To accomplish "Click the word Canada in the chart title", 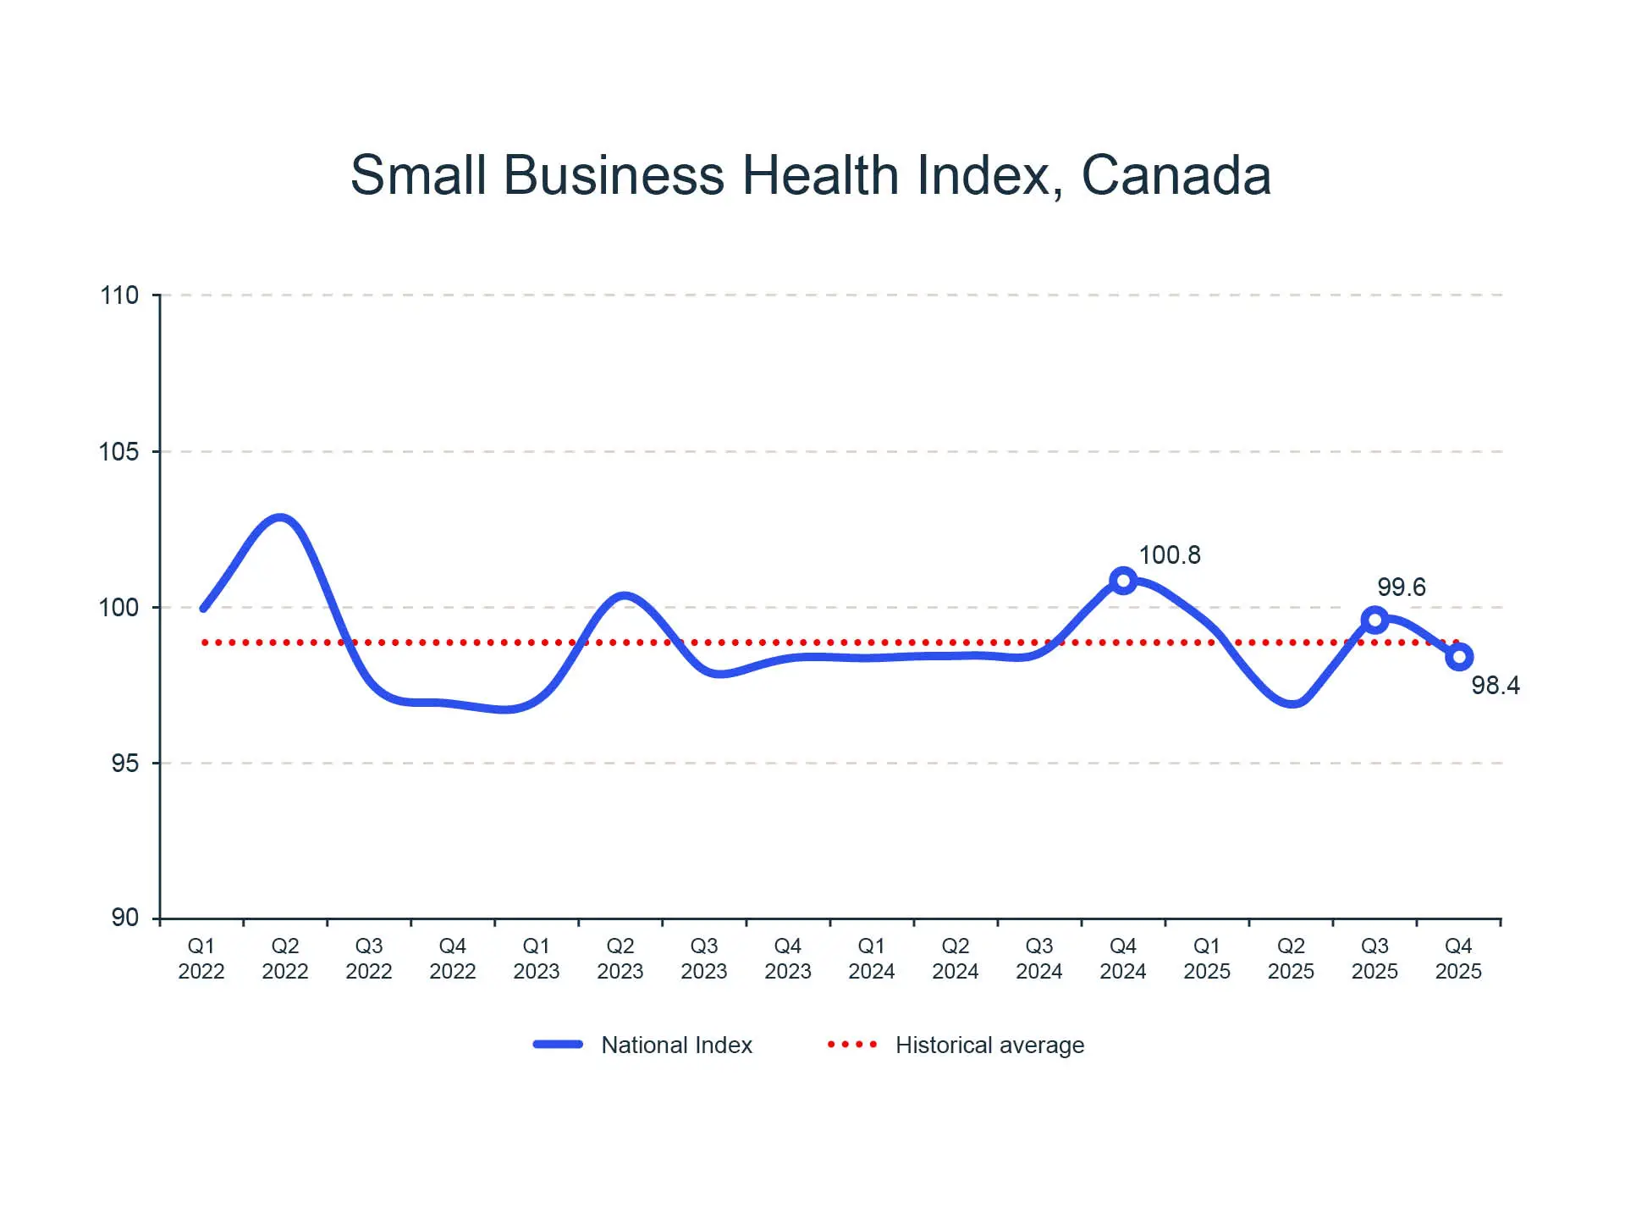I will tap(1176, 176).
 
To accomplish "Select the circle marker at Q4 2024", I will tap(1122, 581).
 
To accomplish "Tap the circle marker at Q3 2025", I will tap(1374, 621).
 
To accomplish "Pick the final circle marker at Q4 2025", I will tap(1459, 657).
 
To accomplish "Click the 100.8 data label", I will tap(1170, 555).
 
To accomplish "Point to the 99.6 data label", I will tap(1401, 587).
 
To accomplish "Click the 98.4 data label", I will tap(1495, 685).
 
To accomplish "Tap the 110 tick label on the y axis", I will tap(119, 295).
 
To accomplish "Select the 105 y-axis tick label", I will tap(119, 452).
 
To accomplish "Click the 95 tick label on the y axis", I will tap(125, 764).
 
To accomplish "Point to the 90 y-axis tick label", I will tap(125, 918).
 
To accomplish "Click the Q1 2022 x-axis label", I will tap(201, 958).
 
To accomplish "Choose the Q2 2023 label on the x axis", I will tap(620, 958).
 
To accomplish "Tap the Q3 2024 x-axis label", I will tap(1039, 958).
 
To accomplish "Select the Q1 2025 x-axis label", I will tap(1207, 958).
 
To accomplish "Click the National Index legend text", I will tap(676, 1045).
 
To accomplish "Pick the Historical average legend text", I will tap(989, 1045).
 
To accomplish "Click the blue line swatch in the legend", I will tap(558, 1045).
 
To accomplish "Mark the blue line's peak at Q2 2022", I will tap(280, 518).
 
